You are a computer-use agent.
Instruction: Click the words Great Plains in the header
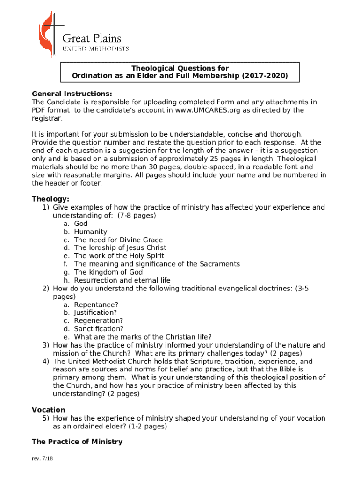pyautogui.click(x=92, y=38)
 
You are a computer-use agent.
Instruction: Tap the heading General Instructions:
pyautogui.click(x=72, y=93)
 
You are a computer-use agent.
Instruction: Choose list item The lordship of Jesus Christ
pyautogui.click(x=120, y=247)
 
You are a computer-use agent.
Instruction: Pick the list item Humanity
pyautogui.click(x=90, y=232)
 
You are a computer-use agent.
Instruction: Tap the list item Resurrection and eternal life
pyautogui.click(x=122, y=280)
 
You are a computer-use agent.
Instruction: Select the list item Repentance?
pyautogui.click(x=96, y=305)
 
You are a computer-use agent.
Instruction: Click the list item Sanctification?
pyautogui.click(x=99, y=329)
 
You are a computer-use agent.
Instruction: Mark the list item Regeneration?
pyautogui.click(x=98, y=321)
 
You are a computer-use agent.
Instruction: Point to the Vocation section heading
pyautogui.click(x=49, y=410)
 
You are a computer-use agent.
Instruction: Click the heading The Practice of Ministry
pyautogui.click(x=77, y=442)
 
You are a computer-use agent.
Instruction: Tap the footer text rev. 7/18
pyautogui.click(x=43, y=459)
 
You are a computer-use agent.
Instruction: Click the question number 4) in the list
pyautogui.click(x=46, y=362)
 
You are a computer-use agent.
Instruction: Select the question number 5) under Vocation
pyautogui.click(x=46, y=418)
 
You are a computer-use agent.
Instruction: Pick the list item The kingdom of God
pyautogui.click(x=108, y=272)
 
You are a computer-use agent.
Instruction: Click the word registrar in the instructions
pyautogui.click(x=46, y=118)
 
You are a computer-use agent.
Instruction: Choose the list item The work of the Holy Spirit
pyautogui.click(x=119, y=256)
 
